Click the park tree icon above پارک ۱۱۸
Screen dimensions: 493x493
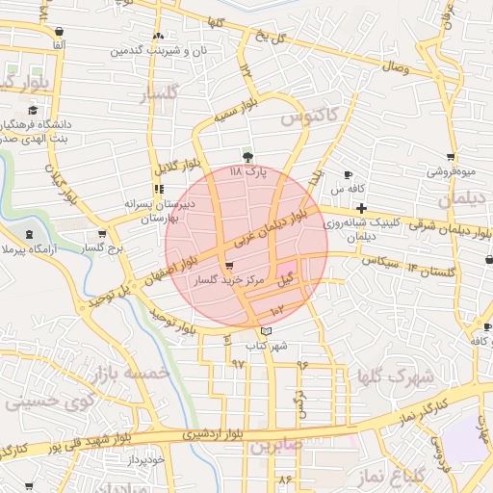coord(249,157)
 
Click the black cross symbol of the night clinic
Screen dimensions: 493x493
coord(361,208)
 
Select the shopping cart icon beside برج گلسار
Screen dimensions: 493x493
coord(102,234)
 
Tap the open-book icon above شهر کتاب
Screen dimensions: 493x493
coord(267,331)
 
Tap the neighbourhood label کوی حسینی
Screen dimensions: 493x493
coord(51,401)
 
